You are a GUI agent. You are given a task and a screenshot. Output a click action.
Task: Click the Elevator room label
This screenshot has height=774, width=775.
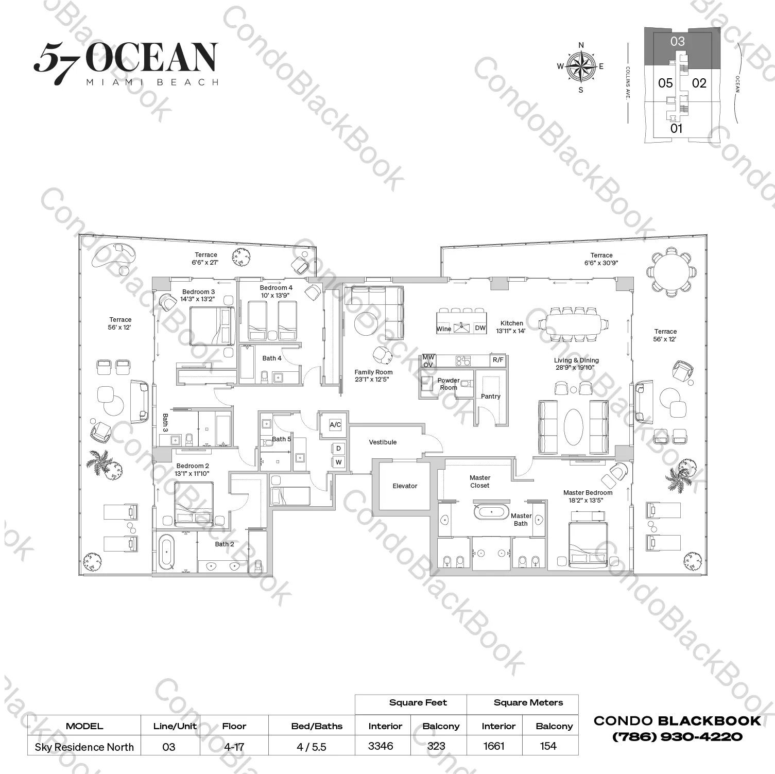tap(405, 486)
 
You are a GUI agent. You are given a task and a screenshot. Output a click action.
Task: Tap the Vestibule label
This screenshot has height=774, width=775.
tap(383, 442)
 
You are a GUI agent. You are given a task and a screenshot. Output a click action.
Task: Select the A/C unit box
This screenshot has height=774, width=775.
tap(335, 425)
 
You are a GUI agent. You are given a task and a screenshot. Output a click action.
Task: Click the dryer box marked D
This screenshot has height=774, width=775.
tap(338, 449)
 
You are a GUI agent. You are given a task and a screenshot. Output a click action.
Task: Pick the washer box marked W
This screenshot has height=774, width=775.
tap(338, 462)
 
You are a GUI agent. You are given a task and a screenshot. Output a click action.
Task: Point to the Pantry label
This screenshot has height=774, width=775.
tap(490, 397)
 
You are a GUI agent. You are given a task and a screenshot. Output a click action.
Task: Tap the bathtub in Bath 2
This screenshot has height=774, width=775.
tap(167, 552)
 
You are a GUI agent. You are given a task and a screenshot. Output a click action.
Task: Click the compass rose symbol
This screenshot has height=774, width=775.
tap(581, 66)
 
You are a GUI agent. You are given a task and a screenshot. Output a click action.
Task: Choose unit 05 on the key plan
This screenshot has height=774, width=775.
tap(665, 83)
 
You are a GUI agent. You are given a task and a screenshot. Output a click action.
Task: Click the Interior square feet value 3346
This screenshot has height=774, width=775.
tap(381, 746)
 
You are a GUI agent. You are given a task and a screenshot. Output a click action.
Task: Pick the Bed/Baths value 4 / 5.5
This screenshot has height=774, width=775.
tap(312, 747)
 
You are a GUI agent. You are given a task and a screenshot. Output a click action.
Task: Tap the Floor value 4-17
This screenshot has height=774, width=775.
tap(234, 747)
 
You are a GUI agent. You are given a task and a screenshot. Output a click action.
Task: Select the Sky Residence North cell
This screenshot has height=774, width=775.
tap(84, 747)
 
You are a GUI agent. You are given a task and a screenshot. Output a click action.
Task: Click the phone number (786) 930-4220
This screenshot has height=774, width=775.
tap(677, 737)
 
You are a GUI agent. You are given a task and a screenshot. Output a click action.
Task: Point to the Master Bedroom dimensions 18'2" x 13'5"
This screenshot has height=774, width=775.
tap(587, 500)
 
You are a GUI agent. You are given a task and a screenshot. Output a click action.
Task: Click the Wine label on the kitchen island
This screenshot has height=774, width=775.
tap(444, 329)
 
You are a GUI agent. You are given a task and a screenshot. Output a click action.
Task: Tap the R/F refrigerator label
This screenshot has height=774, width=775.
tap(498, 360)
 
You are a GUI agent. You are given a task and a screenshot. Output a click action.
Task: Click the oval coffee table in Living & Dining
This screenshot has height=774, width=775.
tap(574, 426)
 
